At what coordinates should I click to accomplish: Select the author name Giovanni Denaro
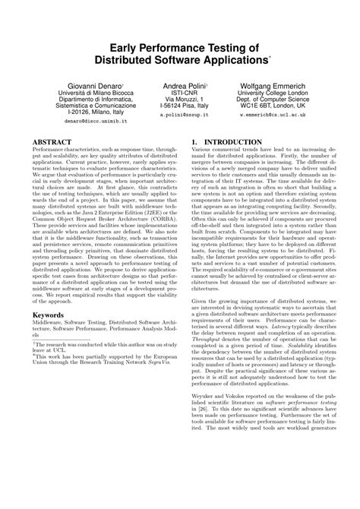click(x=74, y=87)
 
